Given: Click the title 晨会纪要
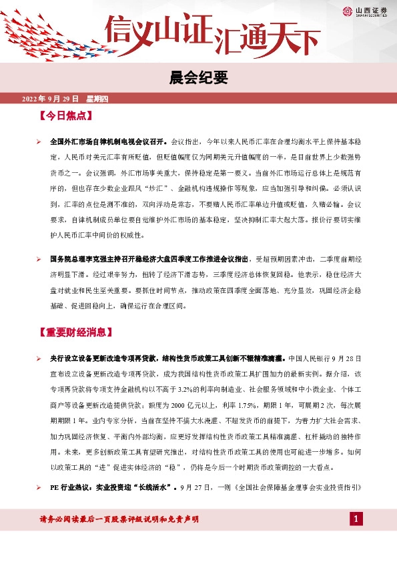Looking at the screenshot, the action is (x=198, y=79).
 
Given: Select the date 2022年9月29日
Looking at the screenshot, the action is (x=50, y=99).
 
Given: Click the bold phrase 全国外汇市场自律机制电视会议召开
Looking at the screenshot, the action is (x=109, y=142).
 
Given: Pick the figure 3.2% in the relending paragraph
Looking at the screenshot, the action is (x=190, y=388).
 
